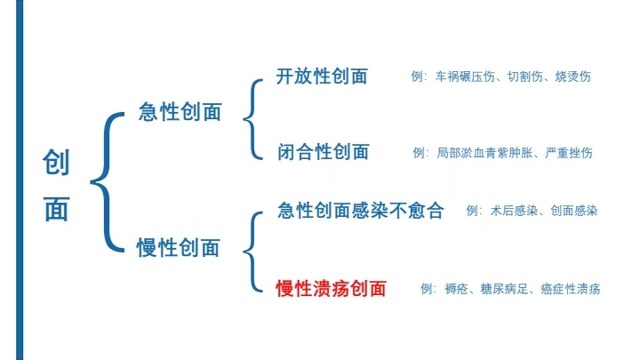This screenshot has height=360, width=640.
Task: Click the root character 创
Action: tap(56, 162)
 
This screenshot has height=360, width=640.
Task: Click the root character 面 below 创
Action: tap(56, 210)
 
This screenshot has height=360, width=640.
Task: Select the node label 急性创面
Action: tap(180, 111)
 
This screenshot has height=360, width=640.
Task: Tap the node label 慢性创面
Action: tap(178, 247)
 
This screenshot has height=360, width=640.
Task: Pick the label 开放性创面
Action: tap(322, 76)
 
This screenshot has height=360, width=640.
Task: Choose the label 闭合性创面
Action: tap(324, 152)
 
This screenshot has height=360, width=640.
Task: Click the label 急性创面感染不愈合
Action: tap(360, 211)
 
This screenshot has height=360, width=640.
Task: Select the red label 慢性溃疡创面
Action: tap(331, 289)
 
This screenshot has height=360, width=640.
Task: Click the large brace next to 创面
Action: tap(107, 181)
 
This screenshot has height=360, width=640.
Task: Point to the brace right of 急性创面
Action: tap(253, 119)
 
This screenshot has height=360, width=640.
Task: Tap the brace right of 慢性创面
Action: tap(253, 252)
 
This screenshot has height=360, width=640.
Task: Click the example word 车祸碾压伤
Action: tap(465, 76)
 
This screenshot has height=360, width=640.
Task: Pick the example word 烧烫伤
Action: tap(572, 76)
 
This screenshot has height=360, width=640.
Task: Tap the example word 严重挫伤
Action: tap(569, 153)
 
